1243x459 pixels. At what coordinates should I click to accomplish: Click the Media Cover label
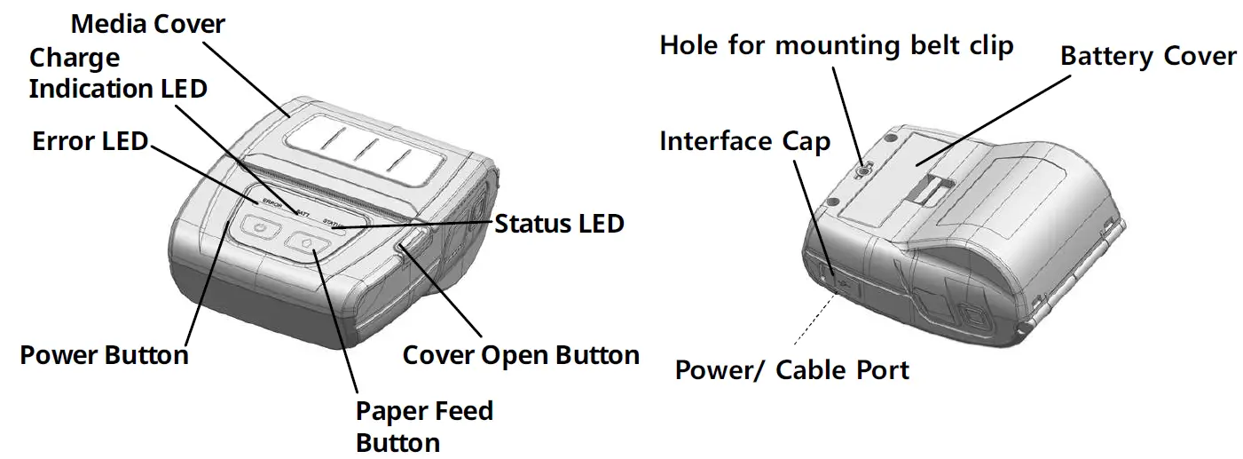coord(148,24)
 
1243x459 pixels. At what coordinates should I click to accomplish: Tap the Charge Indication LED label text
coord(117,74)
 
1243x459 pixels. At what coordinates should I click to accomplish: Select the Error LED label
coord(90,140)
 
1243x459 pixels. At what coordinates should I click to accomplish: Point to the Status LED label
coord(559,224)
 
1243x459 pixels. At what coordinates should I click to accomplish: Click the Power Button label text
coord(104,356)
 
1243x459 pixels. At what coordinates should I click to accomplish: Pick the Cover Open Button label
coord(521,356)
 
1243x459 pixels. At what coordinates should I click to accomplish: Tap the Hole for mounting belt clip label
coord(836,45)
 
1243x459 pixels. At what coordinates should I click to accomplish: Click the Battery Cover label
coord(1148,57)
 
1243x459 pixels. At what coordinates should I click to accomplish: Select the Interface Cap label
coord(744,141)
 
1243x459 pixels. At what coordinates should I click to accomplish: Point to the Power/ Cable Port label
coord(792,369)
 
